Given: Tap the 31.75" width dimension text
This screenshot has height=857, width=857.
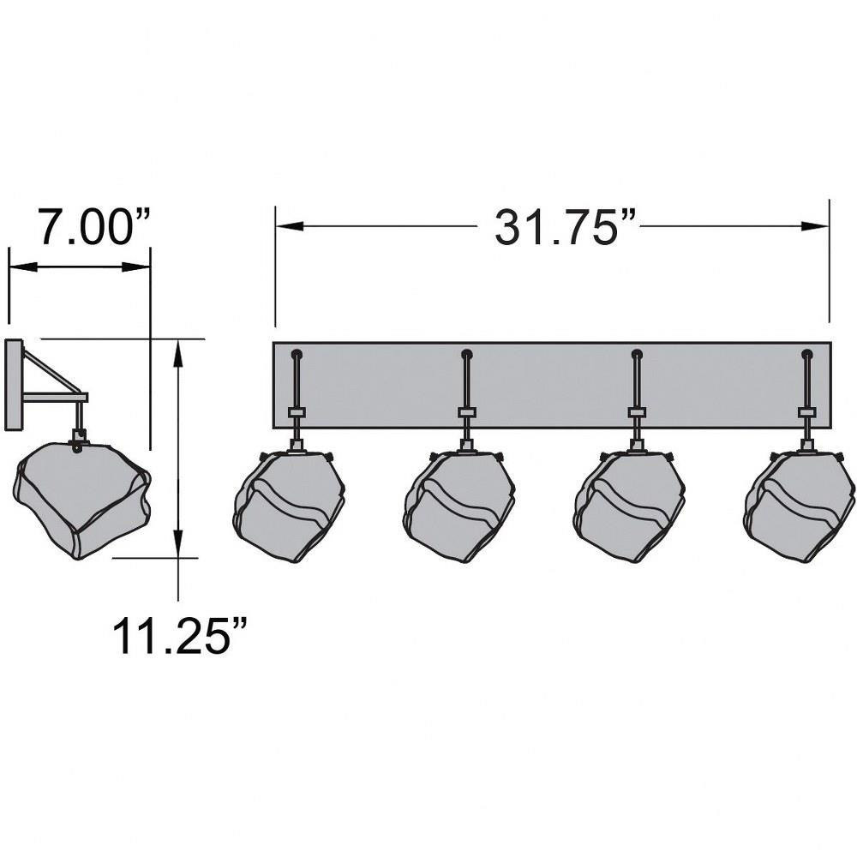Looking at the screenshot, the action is [566, 227].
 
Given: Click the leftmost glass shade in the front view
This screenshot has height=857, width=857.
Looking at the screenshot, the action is [289, 506].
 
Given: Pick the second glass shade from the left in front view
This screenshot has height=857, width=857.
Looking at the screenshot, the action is [459, 506].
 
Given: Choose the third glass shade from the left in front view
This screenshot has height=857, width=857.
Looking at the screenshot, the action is [629, 506].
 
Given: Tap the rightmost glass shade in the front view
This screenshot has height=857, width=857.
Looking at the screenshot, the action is [799, 506].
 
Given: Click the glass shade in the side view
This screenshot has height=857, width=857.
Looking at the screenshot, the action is [82, 500].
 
